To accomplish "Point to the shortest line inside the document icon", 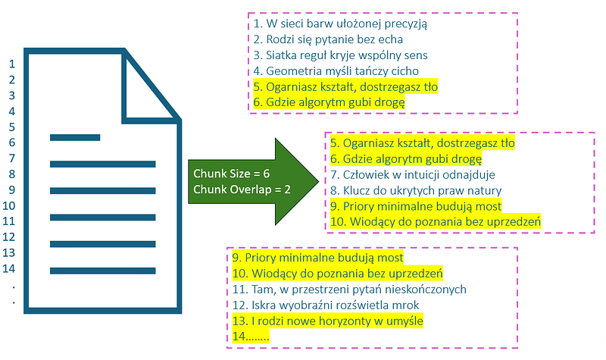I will click(x=75, y=137).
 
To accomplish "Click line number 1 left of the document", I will click(x=11, y=63).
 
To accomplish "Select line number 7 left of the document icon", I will click(x=11, y=158).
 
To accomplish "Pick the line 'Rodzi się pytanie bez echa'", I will click(x=328, y=39).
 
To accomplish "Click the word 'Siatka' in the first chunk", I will click(x=281, y=55).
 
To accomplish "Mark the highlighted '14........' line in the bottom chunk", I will click(x=251, y=337).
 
